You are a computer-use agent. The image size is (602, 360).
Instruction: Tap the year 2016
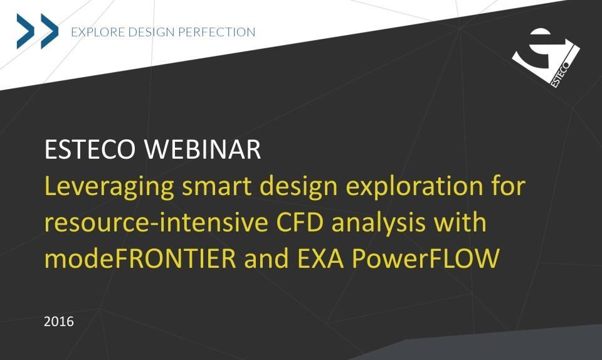coord(59,321)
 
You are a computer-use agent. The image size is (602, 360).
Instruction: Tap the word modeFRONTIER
coord(140,258)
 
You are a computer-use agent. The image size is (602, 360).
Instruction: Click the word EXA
coord(320,258)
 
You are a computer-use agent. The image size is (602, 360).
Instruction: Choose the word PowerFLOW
coord(426,258)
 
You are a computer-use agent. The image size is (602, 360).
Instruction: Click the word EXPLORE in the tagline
coord(98,32)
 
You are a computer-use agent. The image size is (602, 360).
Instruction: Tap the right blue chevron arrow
coord(50,31)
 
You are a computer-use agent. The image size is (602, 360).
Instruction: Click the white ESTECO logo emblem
coord(546,58)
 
